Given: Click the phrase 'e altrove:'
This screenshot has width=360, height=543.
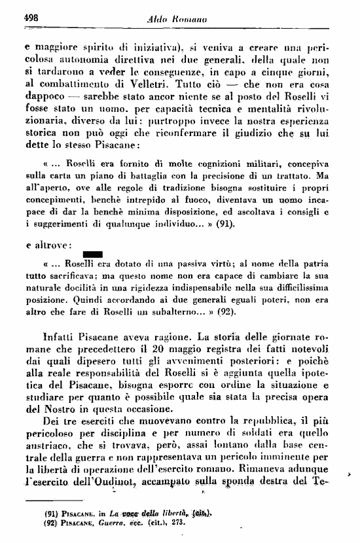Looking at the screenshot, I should click(x=47, y=245).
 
